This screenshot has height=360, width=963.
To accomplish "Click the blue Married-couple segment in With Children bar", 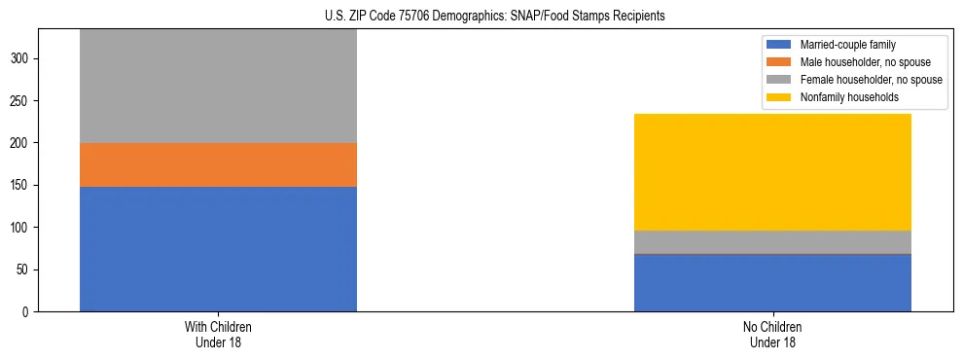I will [x=218, y=248].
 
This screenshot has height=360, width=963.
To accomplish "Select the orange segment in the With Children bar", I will [x=218, y=164].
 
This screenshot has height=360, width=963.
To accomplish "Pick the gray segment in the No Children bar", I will [x=772, y=241].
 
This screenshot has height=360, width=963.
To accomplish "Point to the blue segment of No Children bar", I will [x=772, y=283].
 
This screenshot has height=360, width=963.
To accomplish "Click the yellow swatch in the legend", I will [x=779, y=97].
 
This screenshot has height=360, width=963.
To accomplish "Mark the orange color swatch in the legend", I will [x=779, y=62].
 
